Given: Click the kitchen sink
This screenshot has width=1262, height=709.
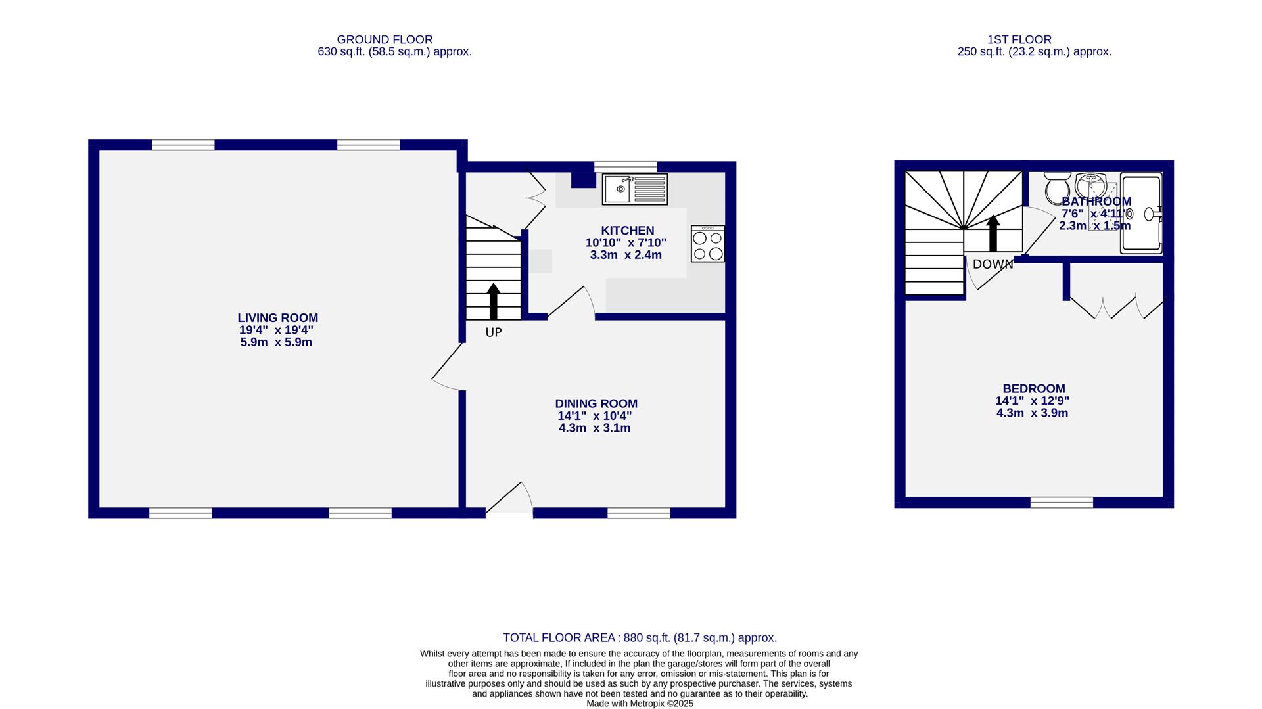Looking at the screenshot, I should [x=634, y=189].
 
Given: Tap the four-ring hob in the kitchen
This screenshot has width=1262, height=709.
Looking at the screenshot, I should [x=707, y=244].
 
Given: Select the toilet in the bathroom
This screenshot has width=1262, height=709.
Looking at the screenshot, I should [x=1057, y=188].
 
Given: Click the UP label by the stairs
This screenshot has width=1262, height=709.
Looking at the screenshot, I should [x=493, y=332].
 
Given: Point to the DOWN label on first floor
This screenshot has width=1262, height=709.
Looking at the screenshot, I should [x=993, y=264].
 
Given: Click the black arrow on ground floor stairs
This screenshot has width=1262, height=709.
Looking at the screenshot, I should [x=493, y=301].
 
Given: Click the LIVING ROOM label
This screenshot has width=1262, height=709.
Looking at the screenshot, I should [x=277, y=318].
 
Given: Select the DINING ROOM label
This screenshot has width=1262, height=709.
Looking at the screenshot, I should [x=596, y=404].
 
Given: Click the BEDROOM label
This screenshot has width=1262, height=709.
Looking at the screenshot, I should [x=1033, y=389].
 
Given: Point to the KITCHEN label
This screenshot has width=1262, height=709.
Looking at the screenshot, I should [x=627, y=231].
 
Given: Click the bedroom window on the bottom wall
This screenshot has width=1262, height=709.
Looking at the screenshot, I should [x=1061, y=503].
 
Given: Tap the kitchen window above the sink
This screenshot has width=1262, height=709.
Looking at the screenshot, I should [x=625, y=166].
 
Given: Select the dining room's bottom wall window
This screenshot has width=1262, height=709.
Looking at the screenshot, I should [x=638, y=513].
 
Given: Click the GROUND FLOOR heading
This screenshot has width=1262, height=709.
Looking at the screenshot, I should [x=385, y=40].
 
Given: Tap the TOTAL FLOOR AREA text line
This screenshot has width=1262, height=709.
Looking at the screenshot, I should [x=640, y=637].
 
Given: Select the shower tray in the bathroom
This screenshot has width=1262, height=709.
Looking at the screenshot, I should [x=1141, y=214].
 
